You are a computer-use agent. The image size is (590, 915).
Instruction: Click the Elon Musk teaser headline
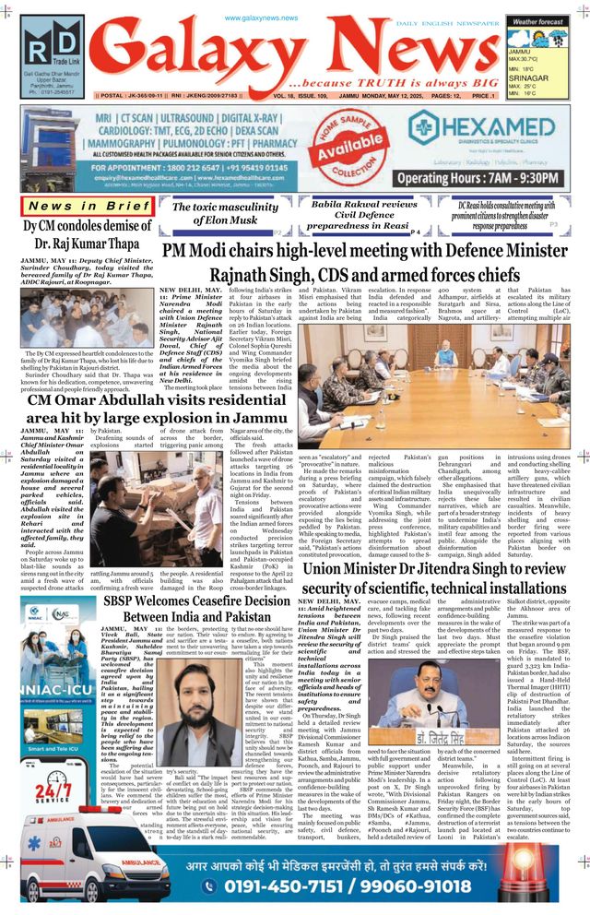click(x=227, y=213)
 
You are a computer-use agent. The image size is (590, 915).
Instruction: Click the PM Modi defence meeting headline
click(x=364, y=262)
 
